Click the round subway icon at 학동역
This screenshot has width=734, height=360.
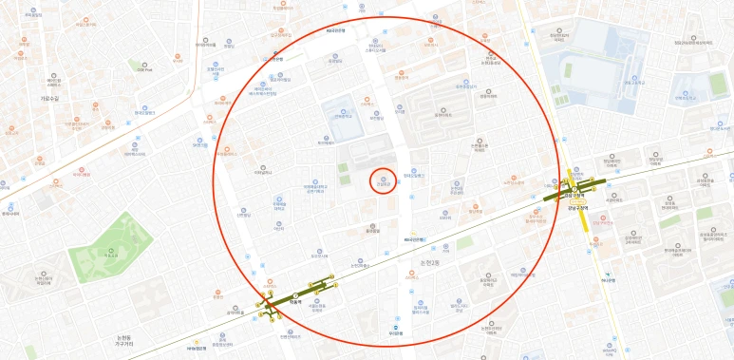pyautogui.click(x=295, y=295)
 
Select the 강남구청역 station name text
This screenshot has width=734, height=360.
pyautogui.click(x=574, y=208)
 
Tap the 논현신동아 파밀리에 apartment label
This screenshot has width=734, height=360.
pyautogui.click(x=313, y=189)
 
